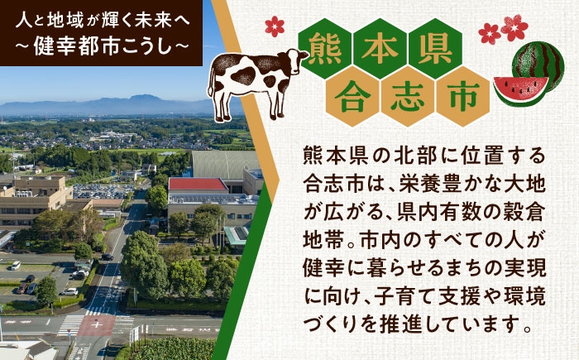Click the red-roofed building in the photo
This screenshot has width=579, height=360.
click(197, 185)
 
